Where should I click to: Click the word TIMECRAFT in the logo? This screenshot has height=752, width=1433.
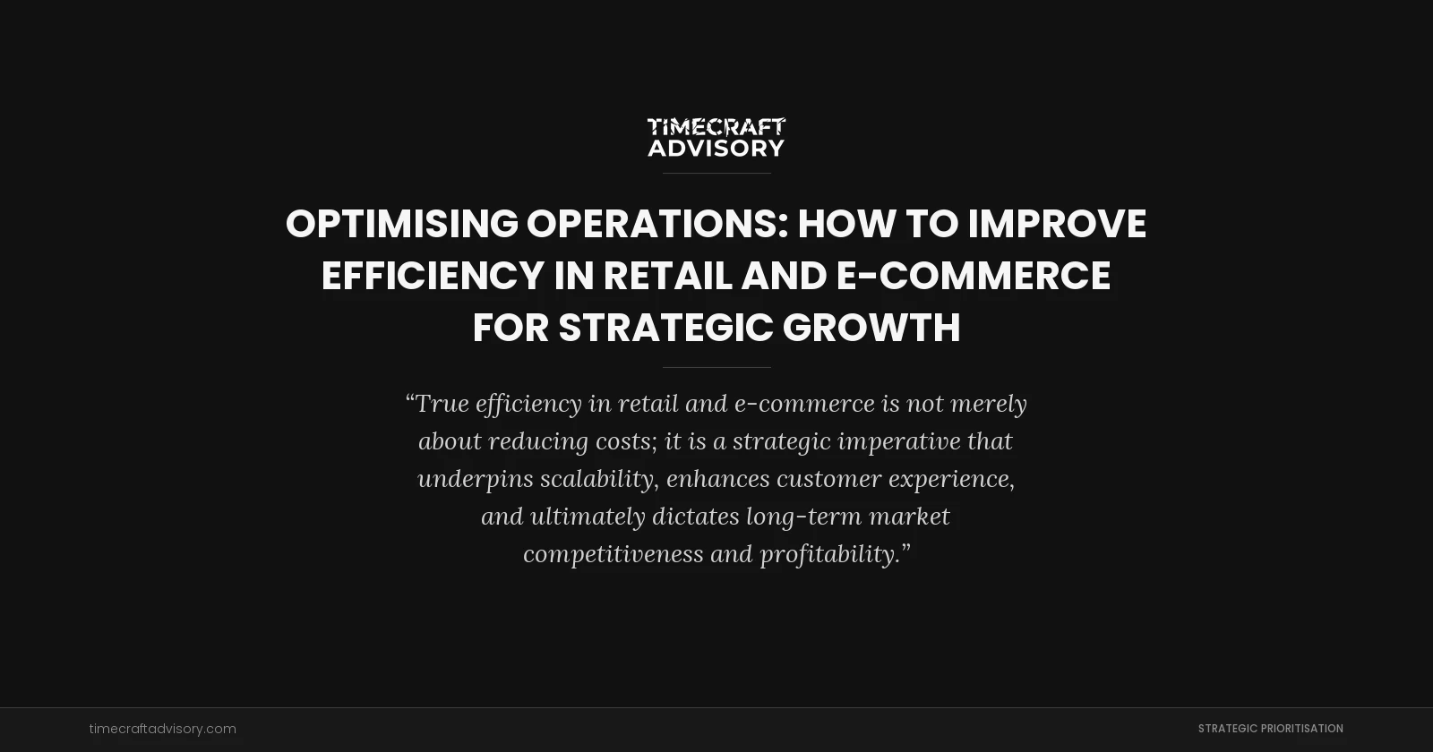pos(716,127)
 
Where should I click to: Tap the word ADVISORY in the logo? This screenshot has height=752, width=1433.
pos(716,148)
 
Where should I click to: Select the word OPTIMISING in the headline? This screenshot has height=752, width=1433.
pos(402,224)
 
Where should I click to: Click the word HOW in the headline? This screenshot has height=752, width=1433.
pos(846,224)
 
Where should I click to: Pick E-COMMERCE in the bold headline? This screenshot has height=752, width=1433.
pos(974,276)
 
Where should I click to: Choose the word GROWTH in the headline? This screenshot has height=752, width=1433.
pos(871,328)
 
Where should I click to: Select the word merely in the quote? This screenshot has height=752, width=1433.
pos(988,404)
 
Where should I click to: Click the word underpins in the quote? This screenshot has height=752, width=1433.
pos(476,479)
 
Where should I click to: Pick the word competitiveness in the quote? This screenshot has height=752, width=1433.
pos(614,554)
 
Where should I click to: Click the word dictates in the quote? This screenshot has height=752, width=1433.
pos(696,517)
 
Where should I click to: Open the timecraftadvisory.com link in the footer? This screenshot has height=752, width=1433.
pos(163,729)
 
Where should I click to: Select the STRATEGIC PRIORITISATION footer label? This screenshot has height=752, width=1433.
pos(1270,729)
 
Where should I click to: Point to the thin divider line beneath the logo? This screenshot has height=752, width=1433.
pos(716,173)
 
